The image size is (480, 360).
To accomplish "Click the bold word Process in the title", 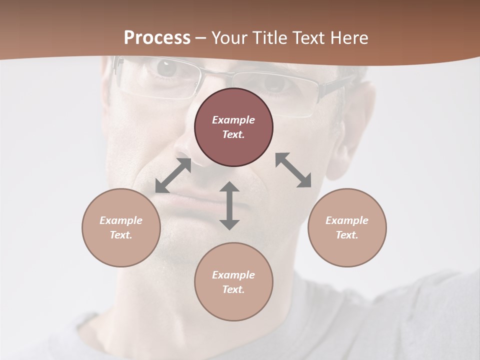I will [157, 38].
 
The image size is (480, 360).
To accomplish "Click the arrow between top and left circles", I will [173, 175].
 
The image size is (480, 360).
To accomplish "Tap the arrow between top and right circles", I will [293, 170].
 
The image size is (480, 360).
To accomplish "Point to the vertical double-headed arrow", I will [229, 205].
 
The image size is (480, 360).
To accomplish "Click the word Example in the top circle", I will [233, 120].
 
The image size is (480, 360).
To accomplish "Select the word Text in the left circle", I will [121, 235].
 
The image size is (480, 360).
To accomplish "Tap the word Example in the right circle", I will [347, 220].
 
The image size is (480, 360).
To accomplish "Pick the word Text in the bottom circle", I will [233, 289].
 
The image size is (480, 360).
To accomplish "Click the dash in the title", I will [200, 38].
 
